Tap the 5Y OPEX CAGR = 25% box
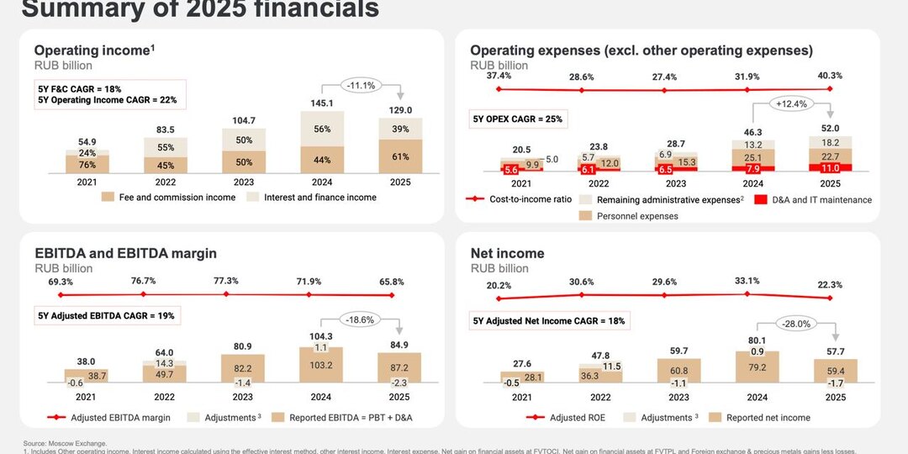point(515,119)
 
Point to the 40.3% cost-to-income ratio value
point(830,76)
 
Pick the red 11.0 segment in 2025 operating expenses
point(830,168)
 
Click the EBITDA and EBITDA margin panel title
point(125,253)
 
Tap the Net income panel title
point(507,253)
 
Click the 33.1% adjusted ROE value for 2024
point(747,281)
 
